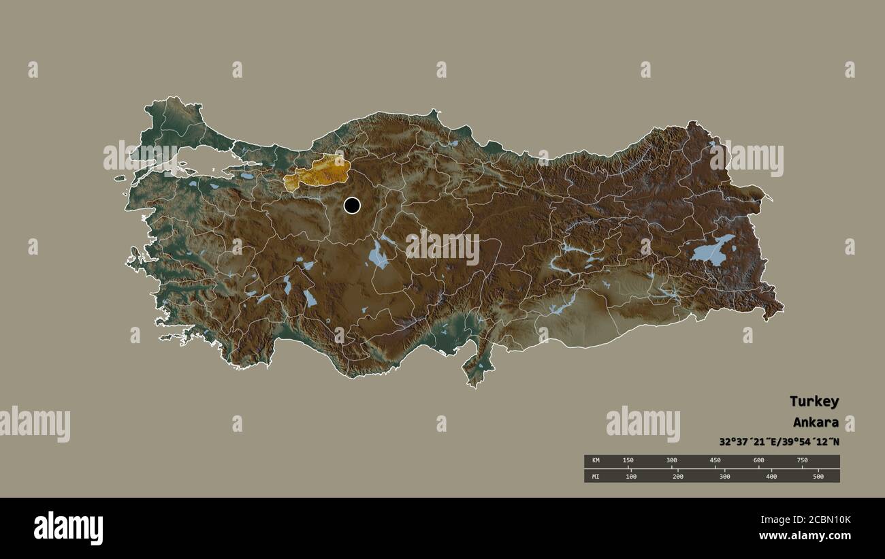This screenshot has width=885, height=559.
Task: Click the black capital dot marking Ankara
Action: tap(352, 205)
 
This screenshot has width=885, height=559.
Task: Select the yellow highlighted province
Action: tap(317, 173)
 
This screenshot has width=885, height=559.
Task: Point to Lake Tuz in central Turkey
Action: tap(378, 255)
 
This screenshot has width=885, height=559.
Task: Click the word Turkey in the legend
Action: tap(814, 401)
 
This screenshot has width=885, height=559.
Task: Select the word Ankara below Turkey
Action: tap(816, 422)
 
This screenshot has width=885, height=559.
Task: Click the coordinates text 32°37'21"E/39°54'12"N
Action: tap(779, 441)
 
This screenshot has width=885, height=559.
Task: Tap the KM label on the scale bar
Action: tap(596, 461)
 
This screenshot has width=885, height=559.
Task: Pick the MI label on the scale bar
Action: tap(596, 477)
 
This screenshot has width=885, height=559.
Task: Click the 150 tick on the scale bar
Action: tap(628, 461)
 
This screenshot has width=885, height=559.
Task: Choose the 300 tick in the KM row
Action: tap(672, 461)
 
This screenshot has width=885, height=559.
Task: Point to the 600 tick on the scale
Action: tap(758, 461)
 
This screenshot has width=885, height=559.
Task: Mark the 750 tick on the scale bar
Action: tap(802, 461)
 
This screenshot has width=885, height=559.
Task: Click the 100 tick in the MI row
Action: tap(631, 477)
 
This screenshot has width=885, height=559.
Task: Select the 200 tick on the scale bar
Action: tap(678, 477)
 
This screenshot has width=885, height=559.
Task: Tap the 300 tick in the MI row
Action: tap(724, 477)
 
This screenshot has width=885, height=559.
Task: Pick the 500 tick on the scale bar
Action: tap(818, 477)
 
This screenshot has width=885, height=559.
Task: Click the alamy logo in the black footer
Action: tap(68, 528)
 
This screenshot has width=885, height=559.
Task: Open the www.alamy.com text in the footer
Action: tap(805, 537)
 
